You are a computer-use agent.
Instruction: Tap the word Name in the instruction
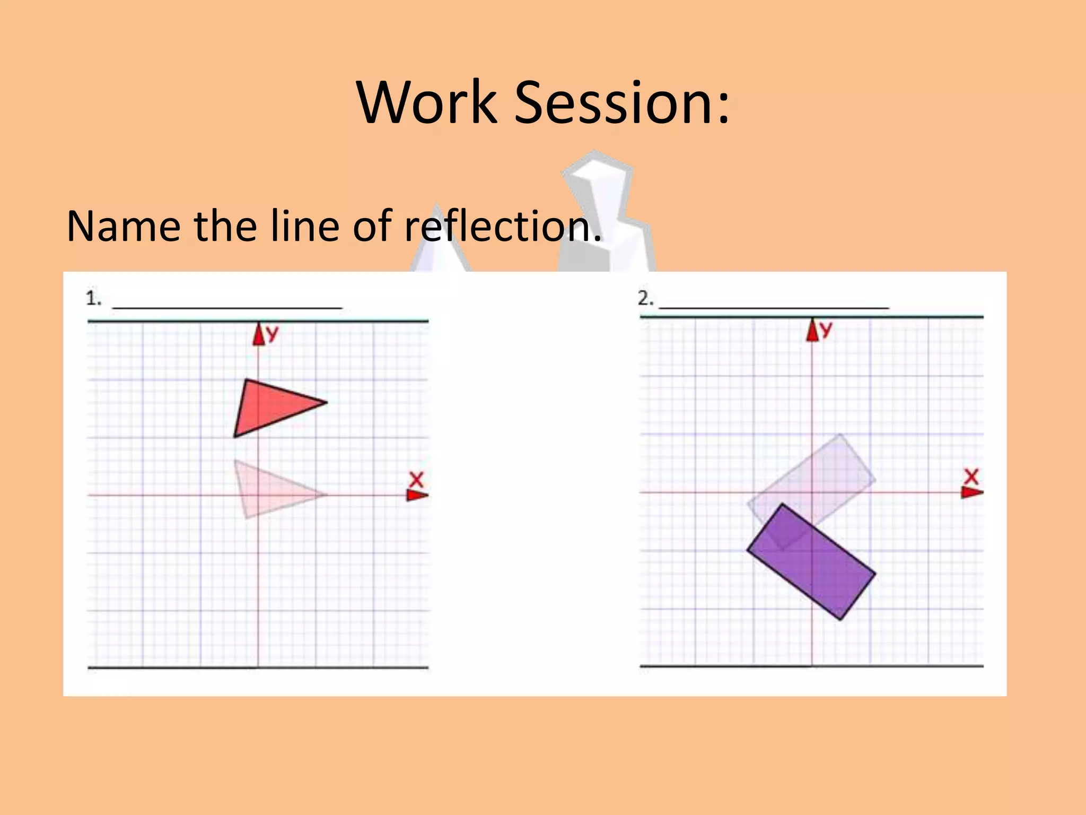pyautogui.click(x=124, y=226)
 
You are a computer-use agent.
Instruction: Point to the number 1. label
pyautogui.click(x=93, y=299)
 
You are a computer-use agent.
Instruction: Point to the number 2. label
pyautogui.click(x=645, y=299)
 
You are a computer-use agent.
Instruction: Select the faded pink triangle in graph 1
pyautogui.click(x=268, y=491)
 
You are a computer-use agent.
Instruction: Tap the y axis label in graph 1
pyautogui.click(x=272, y=333)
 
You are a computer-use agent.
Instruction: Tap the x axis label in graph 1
pyautogui.click(x=417, y=480)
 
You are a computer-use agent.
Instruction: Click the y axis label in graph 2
pyautogui.click(x=826, y=330)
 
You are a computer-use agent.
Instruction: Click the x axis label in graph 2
pyautogui.click(x=971, y=476)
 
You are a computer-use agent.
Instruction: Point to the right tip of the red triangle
pyautogui.click(x=326, y=402)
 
